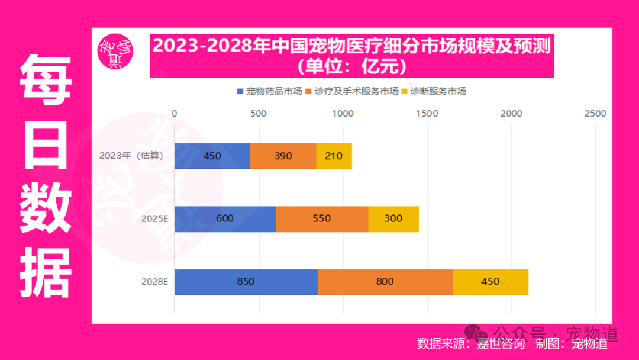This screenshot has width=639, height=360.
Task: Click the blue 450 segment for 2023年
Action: pos(212,156)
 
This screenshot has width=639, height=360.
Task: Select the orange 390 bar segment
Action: pos(283,156)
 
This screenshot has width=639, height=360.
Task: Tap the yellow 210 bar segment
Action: pos(334,156)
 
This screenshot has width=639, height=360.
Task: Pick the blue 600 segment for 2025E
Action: pos(225,218)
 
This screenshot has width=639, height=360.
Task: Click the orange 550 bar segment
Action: pos(322,218)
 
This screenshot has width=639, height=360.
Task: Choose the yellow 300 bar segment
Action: pos(393,218)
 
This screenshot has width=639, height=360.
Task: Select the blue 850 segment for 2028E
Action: pos(246,282)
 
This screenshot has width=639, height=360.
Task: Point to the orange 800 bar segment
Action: pos(385,282)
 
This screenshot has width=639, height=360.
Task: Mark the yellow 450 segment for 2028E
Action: pos(490,282)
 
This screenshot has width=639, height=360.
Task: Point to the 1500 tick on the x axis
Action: pos(427,114)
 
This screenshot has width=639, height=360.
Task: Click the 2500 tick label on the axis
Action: pos(595,114)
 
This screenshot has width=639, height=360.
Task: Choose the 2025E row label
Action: pos(155,218)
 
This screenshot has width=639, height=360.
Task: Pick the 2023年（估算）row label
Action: pos(131,156)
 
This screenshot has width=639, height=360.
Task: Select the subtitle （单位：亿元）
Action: pos(351,66)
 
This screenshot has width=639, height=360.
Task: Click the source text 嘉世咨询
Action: pos(501,343)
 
